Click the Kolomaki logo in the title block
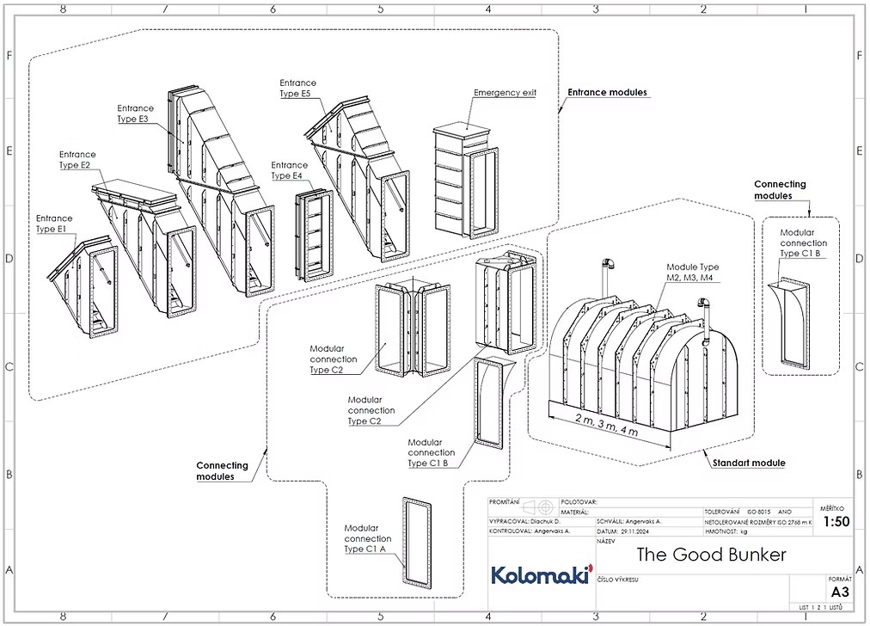point(540,575)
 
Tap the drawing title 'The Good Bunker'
point(711,555)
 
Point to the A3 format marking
point(839,592)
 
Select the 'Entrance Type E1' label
point(54,224)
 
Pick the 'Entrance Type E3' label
point(135,114)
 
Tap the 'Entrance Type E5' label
point(297,88)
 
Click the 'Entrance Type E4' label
point(289,170)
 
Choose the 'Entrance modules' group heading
point(607,92)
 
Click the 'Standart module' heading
point(748,463)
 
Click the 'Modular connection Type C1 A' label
point(367,538)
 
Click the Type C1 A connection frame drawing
point(418,542)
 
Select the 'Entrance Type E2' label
point(77,160)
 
